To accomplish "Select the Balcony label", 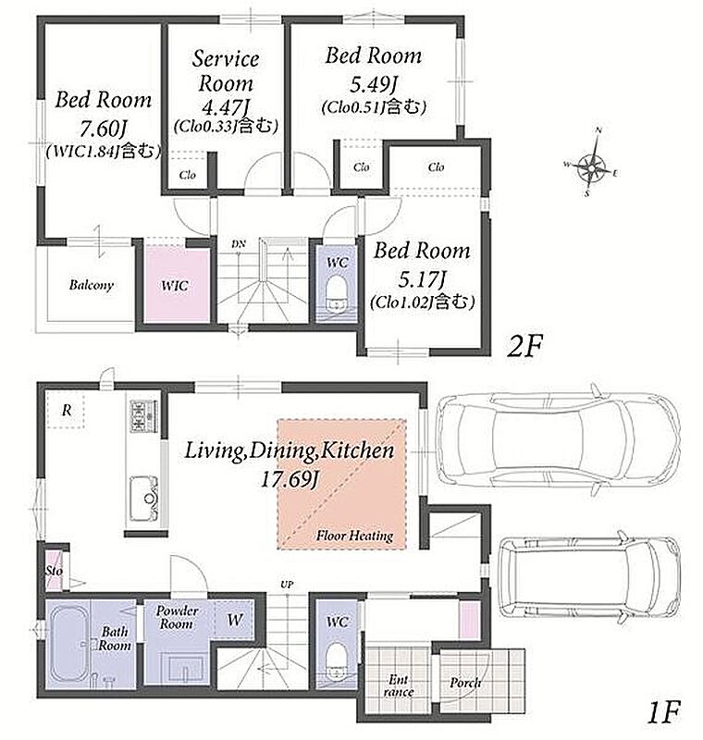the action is coord(91,285).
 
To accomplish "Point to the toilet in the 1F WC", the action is coord(337,660).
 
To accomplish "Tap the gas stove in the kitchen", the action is coord(143,415).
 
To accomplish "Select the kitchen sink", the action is coord(144,499).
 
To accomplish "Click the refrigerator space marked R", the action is coord(67,410).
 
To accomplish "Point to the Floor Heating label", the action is coord(354,536).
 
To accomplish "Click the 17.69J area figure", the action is coord(290,479).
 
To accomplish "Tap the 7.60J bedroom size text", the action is coord(104,128).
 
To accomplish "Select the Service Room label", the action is coord(226,71).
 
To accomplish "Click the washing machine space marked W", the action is coord(235,620).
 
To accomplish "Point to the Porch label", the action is coord(465,683).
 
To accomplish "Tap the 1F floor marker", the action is coord(663,713).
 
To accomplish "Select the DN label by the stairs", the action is coord(239,244).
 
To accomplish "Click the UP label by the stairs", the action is coord(287,585).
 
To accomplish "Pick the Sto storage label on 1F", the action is coord(55,571).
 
